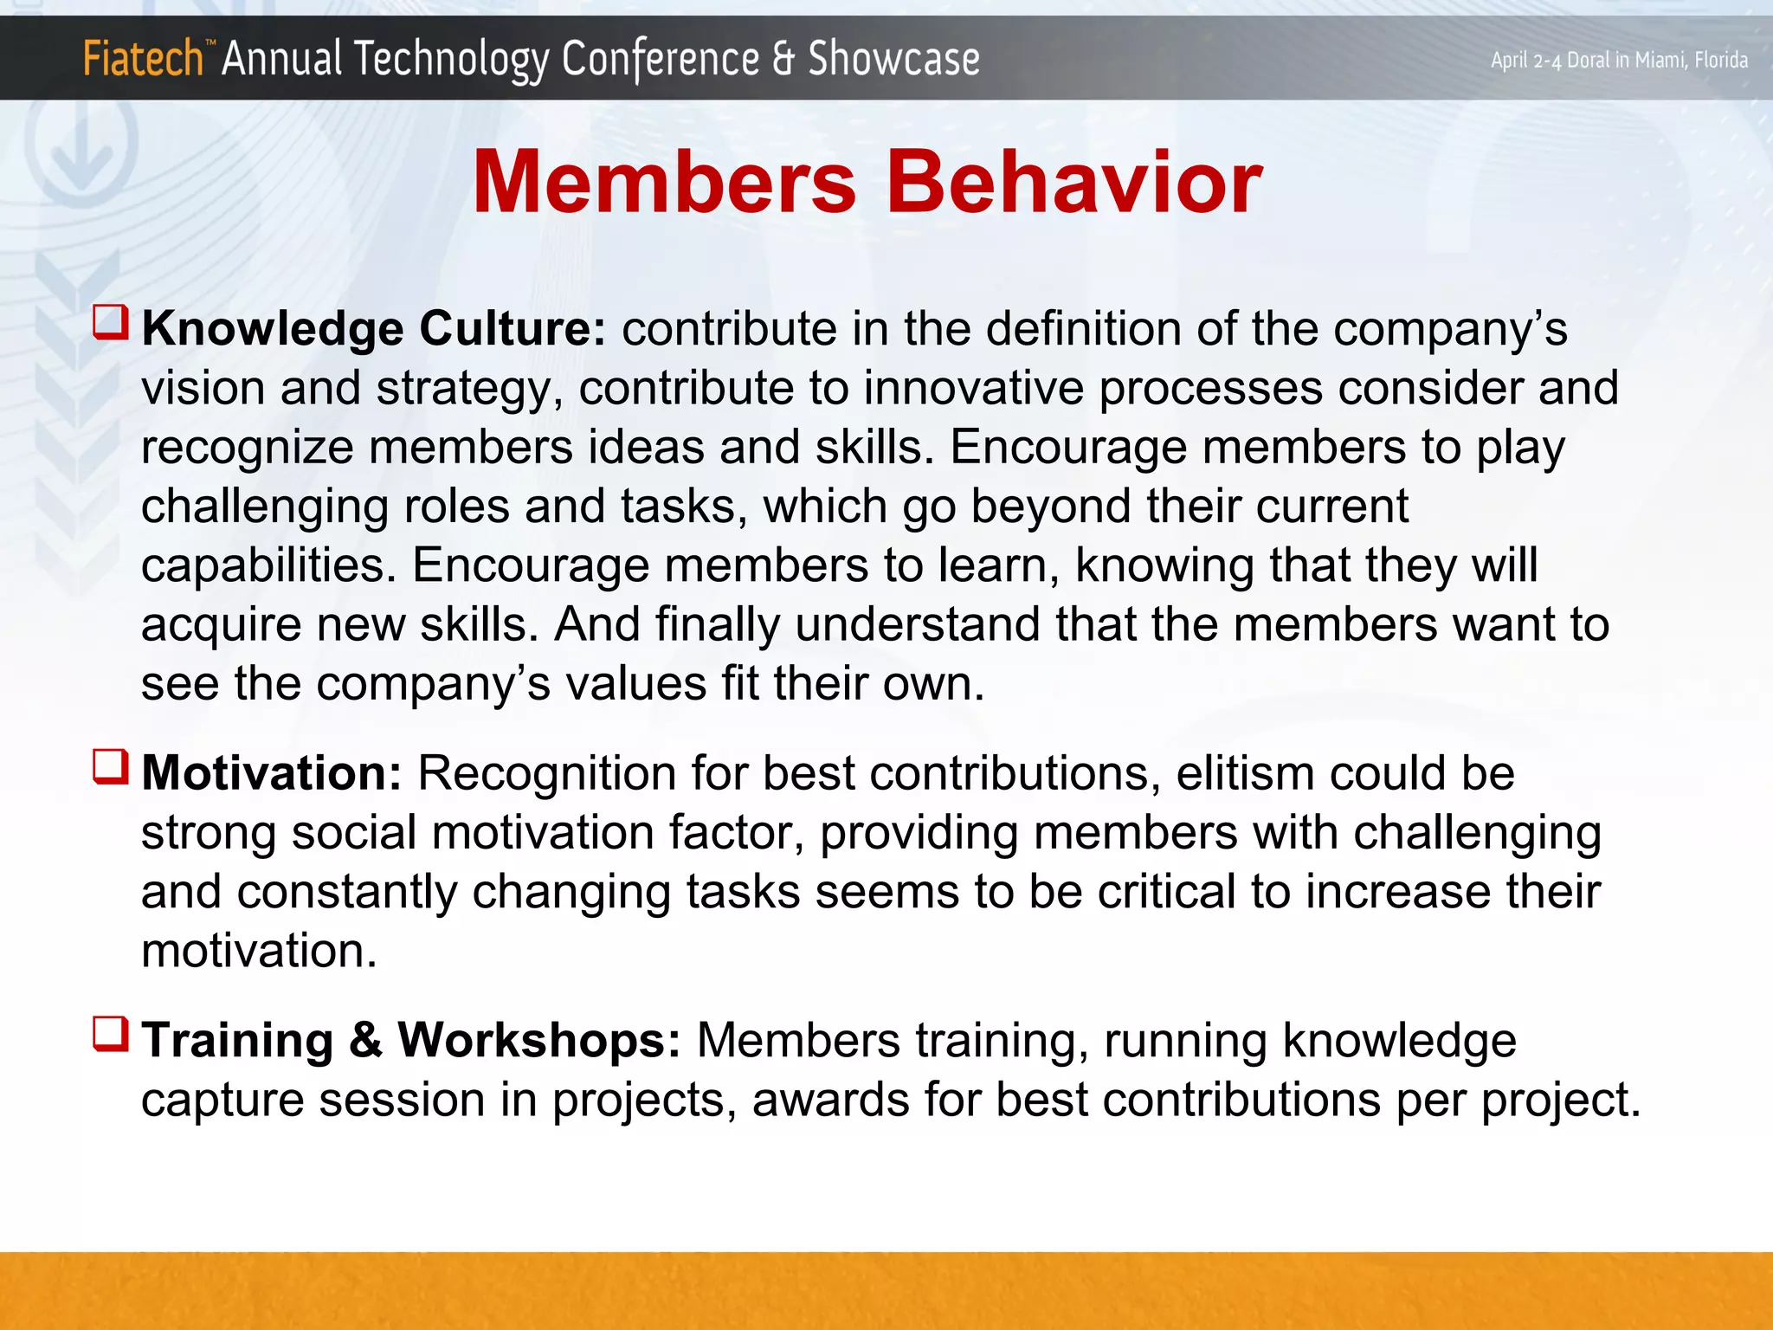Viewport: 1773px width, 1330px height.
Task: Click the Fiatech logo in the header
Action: tap(143, 59)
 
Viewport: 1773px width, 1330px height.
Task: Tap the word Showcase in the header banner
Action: tap(893, 59)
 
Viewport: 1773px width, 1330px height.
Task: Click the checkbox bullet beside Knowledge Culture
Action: tap(111, 323)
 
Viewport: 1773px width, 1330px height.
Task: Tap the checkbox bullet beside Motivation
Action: tap(111, 767)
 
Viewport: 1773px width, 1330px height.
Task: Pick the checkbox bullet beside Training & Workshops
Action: tap(111, 1034)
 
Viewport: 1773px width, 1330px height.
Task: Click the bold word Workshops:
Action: tap(538, 1040)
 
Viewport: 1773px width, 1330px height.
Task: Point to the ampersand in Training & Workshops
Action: tap(365, 1040)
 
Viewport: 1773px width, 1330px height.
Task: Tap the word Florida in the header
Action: tap(1720, 60)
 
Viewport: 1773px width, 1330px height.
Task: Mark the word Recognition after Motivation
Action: tap(546, 772)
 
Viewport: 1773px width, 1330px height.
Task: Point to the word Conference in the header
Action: tap(660, 59)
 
